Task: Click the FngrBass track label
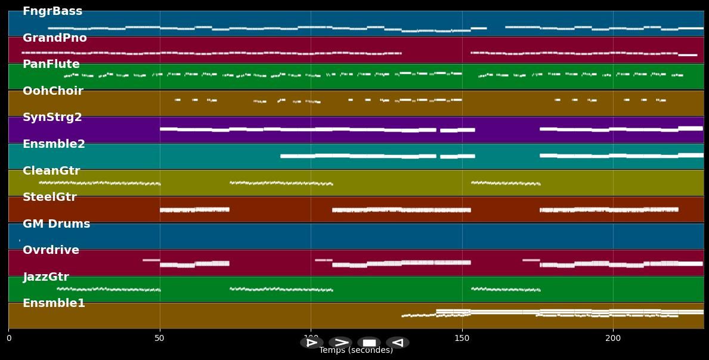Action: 52,11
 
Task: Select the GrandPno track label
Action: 55,38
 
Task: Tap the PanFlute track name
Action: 51,64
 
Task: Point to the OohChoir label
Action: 53,91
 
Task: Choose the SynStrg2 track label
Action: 52,117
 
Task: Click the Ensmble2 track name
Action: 54,144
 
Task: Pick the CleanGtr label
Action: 51,171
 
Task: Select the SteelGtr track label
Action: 49,197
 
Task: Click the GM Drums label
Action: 57,224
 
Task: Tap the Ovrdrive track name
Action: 51,250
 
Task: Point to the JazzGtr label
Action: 46,277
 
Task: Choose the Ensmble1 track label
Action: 54,303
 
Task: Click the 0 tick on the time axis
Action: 8,339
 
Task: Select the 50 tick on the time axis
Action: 159,339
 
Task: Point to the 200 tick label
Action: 613,339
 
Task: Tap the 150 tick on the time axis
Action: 462,339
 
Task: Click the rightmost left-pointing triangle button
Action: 397,343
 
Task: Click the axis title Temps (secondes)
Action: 356,350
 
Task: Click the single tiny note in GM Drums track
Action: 20,240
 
